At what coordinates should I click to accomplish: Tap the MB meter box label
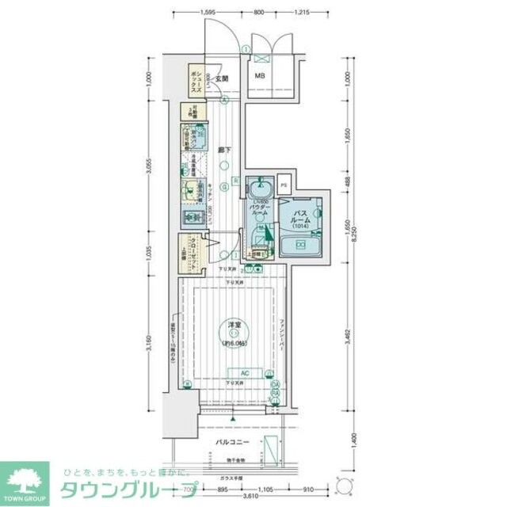click(x=259, y=77)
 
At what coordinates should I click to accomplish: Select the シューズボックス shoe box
click(x=195, y=80)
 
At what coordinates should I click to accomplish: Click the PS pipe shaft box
click(x=284, y=185)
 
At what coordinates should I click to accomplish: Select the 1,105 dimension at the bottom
click(x=267, y=489)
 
